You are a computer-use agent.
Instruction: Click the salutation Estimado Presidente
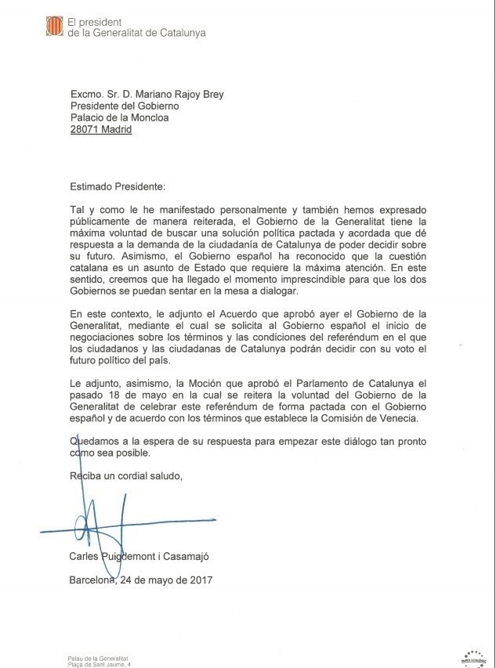pos(117,188)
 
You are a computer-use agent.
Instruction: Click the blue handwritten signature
pos(102,525)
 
